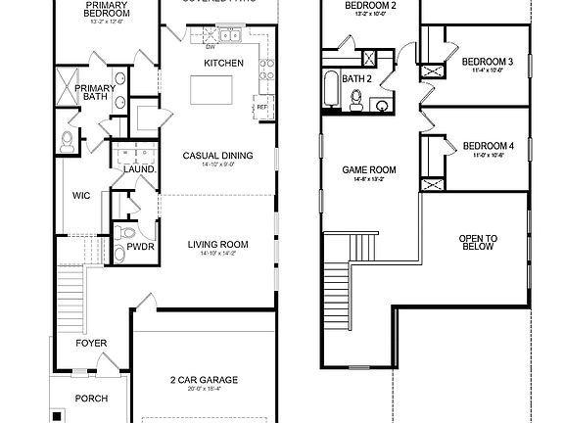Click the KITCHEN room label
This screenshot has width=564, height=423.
pyautogui.click(x=223, y=63)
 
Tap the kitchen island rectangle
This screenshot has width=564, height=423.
pyautogui.click(x=214, y=91)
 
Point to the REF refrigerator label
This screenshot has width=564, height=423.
pyautogui.click(x=261, y=108)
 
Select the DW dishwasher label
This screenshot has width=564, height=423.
pyautogui.click(x=211, y=46)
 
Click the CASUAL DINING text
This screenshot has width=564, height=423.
pyautogui.click(x=217, y=155)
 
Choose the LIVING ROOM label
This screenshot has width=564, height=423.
pyautogui.click(x=217, y=244)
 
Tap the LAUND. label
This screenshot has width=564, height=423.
pyautogui.click(x=135, y=169)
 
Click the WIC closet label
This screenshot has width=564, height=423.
pyautogui.click(x=81, y=195)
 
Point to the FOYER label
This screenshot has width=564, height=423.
pyautogui.click(x=92, y=344)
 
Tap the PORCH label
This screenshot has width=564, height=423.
pyautogui.click(x=92, y=398)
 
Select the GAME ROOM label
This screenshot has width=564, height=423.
pyautogui.click(x=368, y=169)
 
